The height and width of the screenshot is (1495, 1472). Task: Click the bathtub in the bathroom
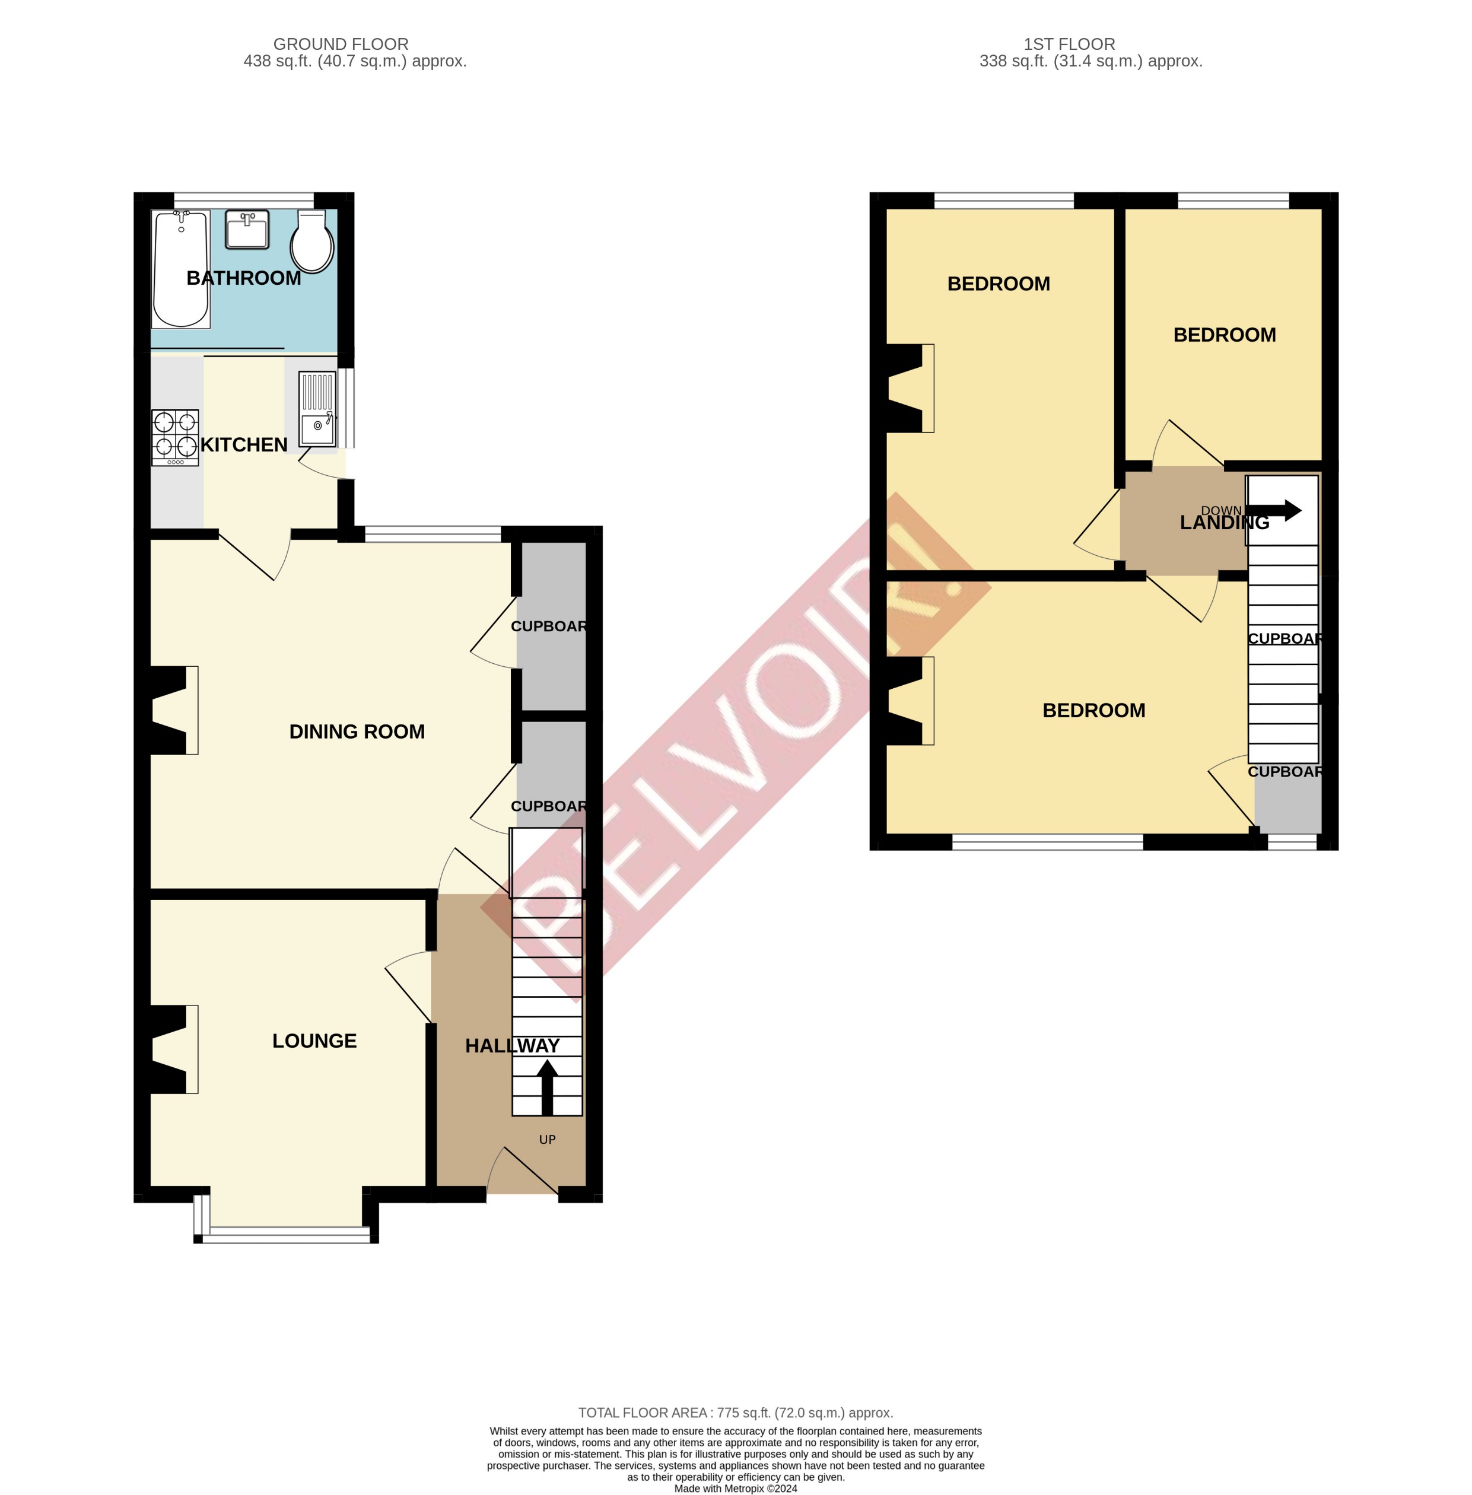click(181, 268)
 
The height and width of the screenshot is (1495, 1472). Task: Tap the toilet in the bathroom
click(312, 241)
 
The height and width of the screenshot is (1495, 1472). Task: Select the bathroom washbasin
click(247, 229)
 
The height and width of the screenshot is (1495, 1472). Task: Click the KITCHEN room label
click(243, 444)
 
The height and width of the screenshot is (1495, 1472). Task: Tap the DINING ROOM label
click(357, 731)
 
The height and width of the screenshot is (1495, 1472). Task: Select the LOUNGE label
click(314, 1041)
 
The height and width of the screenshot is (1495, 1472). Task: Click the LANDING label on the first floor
click(1224, 523)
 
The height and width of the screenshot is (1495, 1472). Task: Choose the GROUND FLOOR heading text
click(341, 44)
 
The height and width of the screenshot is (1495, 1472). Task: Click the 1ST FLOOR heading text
click(1069, 44)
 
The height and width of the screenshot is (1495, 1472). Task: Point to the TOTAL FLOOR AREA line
click(735, 1413)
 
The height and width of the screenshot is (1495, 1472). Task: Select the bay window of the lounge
click(286, 1235)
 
